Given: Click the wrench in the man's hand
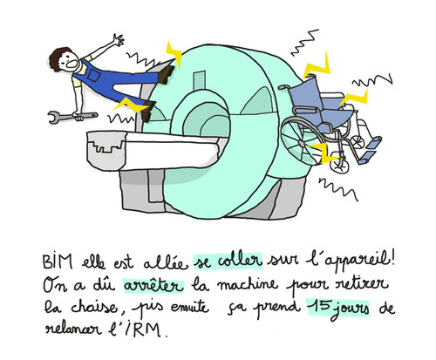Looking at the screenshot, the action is (72, 117).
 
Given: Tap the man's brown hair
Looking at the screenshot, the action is (58, 58).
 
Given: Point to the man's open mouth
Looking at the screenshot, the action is (72, 65).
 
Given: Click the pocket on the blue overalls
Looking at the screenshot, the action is (94, 75).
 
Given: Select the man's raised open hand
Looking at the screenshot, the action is (119, 40).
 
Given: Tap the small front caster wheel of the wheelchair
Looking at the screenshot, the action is (339, 166).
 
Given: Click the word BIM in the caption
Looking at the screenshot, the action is (58, 262).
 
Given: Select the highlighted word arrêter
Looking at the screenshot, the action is (153, 286).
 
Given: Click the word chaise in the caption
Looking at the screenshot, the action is (94, 306).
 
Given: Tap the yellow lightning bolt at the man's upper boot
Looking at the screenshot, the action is (174, 55).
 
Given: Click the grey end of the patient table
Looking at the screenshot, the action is (107, 150).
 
